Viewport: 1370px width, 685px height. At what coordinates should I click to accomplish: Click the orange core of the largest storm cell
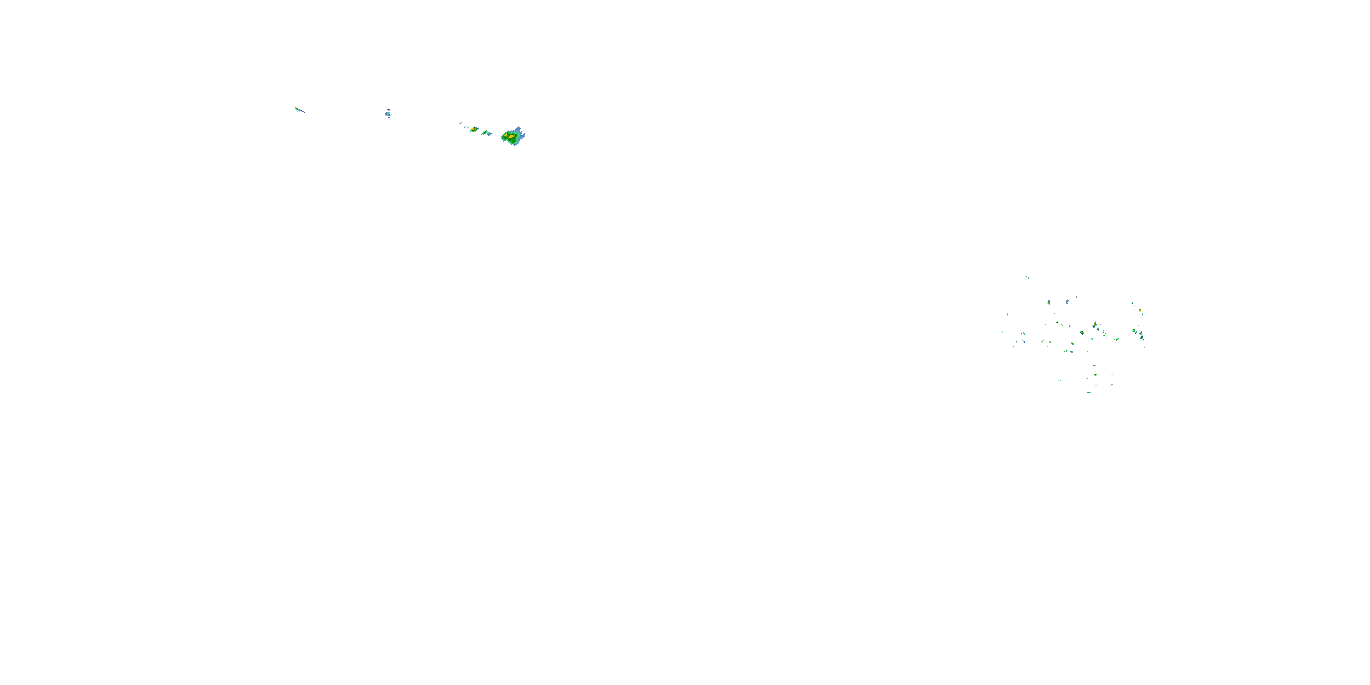pyautogui.click(x=511, y=137)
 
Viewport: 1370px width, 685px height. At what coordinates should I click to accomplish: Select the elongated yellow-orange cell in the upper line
pyautogui.click(x=473, y=129)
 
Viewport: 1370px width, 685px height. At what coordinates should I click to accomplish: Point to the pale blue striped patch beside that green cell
pyautogui.click(x=489, y=133)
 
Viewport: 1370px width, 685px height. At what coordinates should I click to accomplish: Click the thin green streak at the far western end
pyautogui.click(x=299, y=110)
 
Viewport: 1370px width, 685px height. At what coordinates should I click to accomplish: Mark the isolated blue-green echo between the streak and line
pyautogui.click(x=388, y=113)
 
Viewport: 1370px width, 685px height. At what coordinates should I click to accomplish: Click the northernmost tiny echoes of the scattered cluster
pyautogui.click(x=1027, y=277)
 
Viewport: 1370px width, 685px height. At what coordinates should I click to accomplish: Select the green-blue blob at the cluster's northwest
pyautogui.click(x=1049, y=303)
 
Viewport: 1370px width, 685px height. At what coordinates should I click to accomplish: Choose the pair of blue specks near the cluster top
pyautogui.click(x=1067, y=302)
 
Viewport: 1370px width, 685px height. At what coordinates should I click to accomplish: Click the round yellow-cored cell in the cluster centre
pyautogui.click(x=1082, y=332)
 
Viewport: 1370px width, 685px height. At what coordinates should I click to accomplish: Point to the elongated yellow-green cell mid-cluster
pyautogui.click(x=1095, y=324)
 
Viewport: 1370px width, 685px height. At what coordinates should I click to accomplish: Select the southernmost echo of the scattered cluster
pyautogui.click(x=1089, y=392)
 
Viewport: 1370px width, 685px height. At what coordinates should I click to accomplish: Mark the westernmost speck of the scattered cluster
pyautogui.click(x=1003, y=333)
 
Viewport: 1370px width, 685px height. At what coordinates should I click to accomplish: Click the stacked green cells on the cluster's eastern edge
pyautogui.click(x=1141, y=336)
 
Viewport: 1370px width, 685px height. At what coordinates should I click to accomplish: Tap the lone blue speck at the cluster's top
pyautogui.click(x=1077, y=297)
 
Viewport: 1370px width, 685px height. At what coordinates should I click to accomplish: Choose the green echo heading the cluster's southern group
pyautogui.click(x=1095, y=366)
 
